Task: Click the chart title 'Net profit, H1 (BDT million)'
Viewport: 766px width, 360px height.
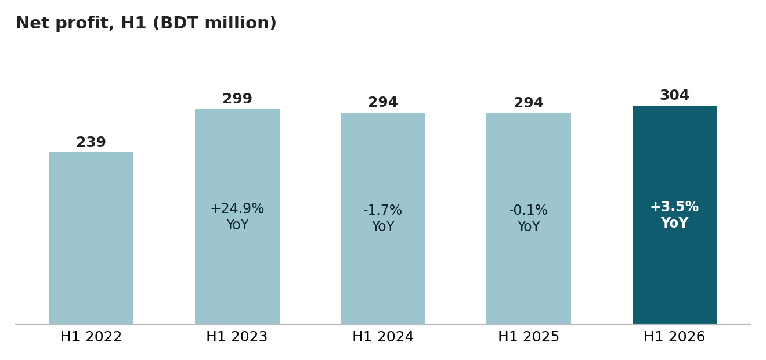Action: coord(146,23)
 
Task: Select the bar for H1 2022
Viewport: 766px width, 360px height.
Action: coord(91,238)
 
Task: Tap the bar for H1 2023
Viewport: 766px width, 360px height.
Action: coord(237,217)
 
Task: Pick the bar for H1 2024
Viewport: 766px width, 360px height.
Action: coord(383,219)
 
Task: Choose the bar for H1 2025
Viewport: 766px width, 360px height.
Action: coord(529,219)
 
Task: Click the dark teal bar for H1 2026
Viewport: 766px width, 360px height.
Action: coord(674,215)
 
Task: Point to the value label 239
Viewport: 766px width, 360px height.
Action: coord(91,142)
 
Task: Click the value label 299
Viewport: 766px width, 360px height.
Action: coord(237,99)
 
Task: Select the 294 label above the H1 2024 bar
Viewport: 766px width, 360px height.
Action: coord(383,102)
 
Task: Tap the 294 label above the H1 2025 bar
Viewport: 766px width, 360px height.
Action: coord(529,103)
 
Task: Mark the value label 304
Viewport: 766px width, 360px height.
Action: coord(674,95)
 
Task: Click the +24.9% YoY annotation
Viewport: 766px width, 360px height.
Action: coord(237,216)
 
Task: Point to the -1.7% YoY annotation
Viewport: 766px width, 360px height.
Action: coord(383,218)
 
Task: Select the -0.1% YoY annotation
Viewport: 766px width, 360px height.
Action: coord(529,218)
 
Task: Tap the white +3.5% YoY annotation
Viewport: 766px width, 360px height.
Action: coord(674,215)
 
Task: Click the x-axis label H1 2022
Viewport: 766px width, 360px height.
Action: coord(91,337)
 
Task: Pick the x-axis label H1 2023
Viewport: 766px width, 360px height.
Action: coord(237,337)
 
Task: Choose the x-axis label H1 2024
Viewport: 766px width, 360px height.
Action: coord(383,337)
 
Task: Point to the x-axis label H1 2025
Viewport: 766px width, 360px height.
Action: coord(529,337)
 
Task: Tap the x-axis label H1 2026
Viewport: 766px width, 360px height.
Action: coord(674,337)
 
